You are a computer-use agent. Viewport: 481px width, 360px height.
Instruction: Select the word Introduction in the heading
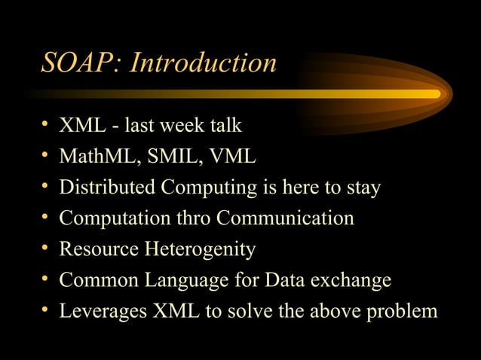coord(204,63)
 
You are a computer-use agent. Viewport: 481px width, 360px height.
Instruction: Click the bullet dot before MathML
coord(46,156)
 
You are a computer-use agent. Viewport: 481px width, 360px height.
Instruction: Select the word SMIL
coord(170,157)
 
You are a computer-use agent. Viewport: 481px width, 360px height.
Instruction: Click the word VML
coord(232,157)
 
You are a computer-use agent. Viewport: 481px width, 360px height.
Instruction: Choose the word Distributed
coord(110,188)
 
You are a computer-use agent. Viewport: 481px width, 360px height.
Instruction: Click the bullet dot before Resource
coord(46,249)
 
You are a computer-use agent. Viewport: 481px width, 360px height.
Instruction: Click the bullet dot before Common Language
coord(46,279)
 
